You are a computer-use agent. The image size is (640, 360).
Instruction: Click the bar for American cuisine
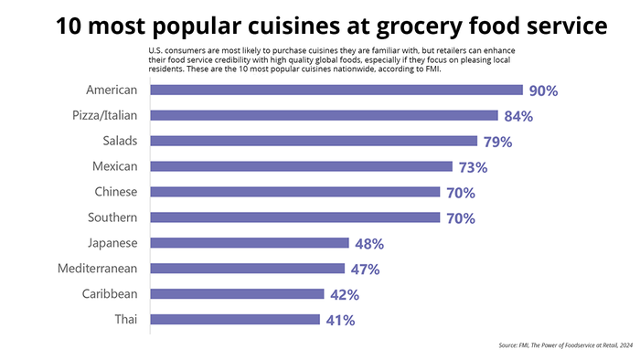[336, 90]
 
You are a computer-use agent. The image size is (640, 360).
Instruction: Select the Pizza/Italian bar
[324, 116]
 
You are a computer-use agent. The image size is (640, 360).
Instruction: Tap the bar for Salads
[313, 142]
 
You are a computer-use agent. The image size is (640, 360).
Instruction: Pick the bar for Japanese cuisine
[249, 244]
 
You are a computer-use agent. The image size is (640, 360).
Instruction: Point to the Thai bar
[234, 321]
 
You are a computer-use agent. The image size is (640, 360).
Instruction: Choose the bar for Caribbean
[237, 295]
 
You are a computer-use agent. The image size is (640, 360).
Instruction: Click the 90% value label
[542, 91]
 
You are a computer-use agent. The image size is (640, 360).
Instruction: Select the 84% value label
[517, 117]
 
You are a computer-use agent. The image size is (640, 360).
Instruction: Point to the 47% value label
[365, 270]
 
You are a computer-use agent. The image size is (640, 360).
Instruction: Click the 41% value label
[339, 322]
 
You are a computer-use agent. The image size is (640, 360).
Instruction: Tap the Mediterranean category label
[97, 269]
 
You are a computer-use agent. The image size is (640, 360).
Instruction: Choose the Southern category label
[110, 217]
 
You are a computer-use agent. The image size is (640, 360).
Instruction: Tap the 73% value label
[472, 168]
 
